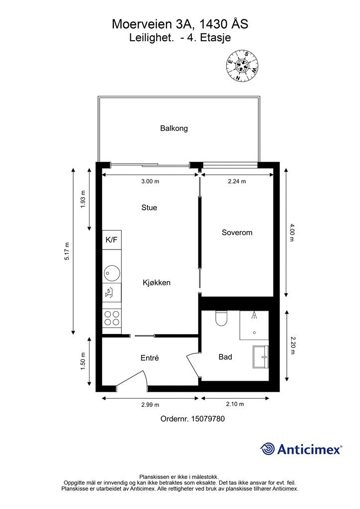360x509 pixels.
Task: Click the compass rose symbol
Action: [x=242, y=65]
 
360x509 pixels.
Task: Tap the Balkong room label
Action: [x=174, y=128]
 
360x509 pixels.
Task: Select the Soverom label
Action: [x=237, y=233]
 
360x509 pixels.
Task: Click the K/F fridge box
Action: [x=112, y=240]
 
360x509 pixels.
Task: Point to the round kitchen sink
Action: [x=112, y=273]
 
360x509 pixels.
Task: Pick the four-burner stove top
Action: [x=112, y=318]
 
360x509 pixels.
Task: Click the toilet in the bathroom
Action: [x=221, y=318]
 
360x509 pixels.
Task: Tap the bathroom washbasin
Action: [x=261, y=357]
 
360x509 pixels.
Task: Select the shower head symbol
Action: [x=255, y=315]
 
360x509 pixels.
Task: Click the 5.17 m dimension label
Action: [x=67, y=251]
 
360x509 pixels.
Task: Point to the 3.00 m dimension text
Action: [x=150, y=181]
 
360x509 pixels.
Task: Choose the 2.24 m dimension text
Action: [x=237, y=181]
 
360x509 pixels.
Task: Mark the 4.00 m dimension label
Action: [x=291, y=233]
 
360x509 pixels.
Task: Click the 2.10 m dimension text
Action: [x=235, y=404]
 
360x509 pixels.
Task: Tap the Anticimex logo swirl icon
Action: [x=268, y=449]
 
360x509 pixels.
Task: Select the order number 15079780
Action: [x=208, y=419]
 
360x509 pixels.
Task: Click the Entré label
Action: [x=150, y=358]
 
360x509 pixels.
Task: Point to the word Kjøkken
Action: [x=157, y=283]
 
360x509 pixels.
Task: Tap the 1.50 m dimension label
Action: [x=83, y=361]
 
